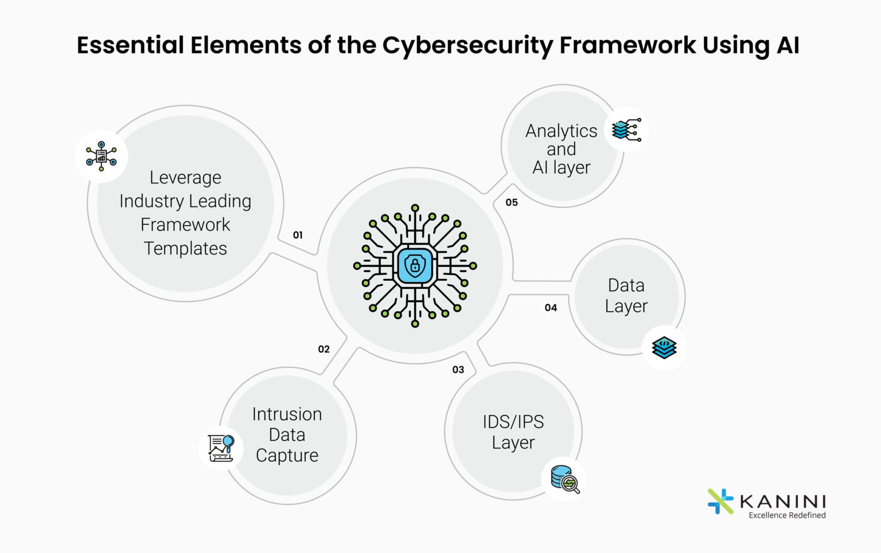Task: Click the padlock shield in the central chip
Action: tap(415, 265)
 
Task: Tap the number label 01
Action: tap(298, 235)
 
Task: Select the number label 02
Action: tap(324, 349)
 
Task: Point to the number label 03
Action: tap(458, 370)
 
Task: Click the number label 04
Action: tap(551, 308)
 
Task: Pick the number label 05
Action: tap(512, 202)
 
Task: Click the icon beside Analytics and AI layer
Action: tap(626, 130)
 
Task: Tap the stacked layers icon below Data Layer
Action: tap(664, 347)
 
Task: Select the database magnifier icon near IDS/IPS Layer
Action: tap(565, 479)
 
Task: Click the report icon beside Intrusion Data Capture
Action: tap(221, 448)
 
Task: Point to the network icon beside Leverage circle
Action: tap(102, 156)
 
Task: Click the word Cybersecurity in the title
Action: tap(467, 46)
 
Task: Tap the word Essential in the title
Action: tap(130, 46)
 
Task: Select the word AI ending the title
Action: tap(788, 46)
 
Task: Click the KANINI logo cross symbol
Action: tap(720, 501)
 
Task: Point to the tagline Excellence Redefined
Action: tap(787, 515)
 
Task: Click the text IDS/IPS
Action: tap(513, 422)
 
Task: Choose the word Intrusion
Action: tap(287, 414)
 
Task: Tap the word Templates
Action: tap(185, 249)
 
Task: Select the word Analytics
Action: tap(561, 131)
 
